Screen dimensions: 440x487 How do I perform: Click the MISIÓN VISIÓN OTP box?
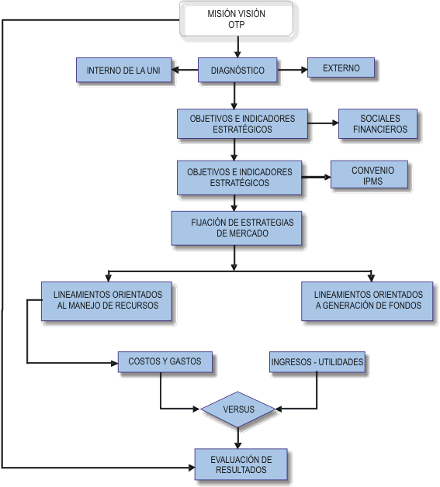coord(237,19)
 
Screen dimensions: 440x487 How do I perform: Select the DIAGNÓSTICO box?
coord(237,70)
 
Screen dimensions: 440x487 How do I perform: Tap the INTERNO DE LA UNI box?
coord(124,70)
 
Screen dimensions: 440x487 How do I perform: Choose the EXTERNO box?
coord(341,67)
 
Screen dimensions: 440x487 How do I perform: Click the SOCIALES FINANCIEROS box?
coord(378,123)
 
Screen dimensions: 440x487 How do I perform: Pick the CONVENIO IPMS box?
coord(369,174)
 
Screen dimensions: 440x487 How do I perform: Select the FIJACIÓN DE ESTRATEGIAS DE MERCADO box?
coord(237,228)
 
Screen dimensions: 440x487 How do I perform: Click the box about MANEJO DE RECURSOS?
coord(106,301)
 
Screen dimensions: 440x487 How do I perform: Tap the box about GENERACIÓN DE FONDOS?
coord(367,301)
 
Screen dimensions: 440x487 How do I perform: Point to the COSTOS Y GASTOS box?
coord(165,362)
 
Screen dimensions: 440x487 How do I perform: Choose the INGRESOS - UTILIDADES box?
coord(317,362)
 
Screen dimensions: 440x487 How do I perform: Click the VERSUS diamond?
coord(238,409)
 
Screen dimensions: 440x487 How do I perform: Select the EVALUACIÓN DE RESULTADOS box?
coord(241,465)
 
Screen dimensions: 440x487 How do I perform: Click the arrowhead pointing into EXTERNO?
coord(304,70)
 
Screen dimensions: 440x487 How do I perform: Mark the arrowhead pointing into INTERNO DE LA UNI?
coord(175,70)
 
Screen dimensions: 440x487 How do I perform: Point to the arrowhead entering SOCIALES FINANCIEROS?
coord(335,123)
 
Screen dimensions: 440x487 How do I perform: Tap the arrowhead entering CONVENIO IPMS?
coord(327,177)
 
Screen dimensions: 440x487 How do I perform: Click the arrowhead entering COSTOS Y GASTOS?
coord(115,363)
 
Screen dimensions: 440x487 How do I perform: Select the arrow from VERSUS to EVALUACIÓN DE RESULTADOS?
coord(238,438)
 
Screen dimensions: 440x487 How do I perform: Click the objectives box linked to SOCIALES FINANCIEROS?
coord(242,123)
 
